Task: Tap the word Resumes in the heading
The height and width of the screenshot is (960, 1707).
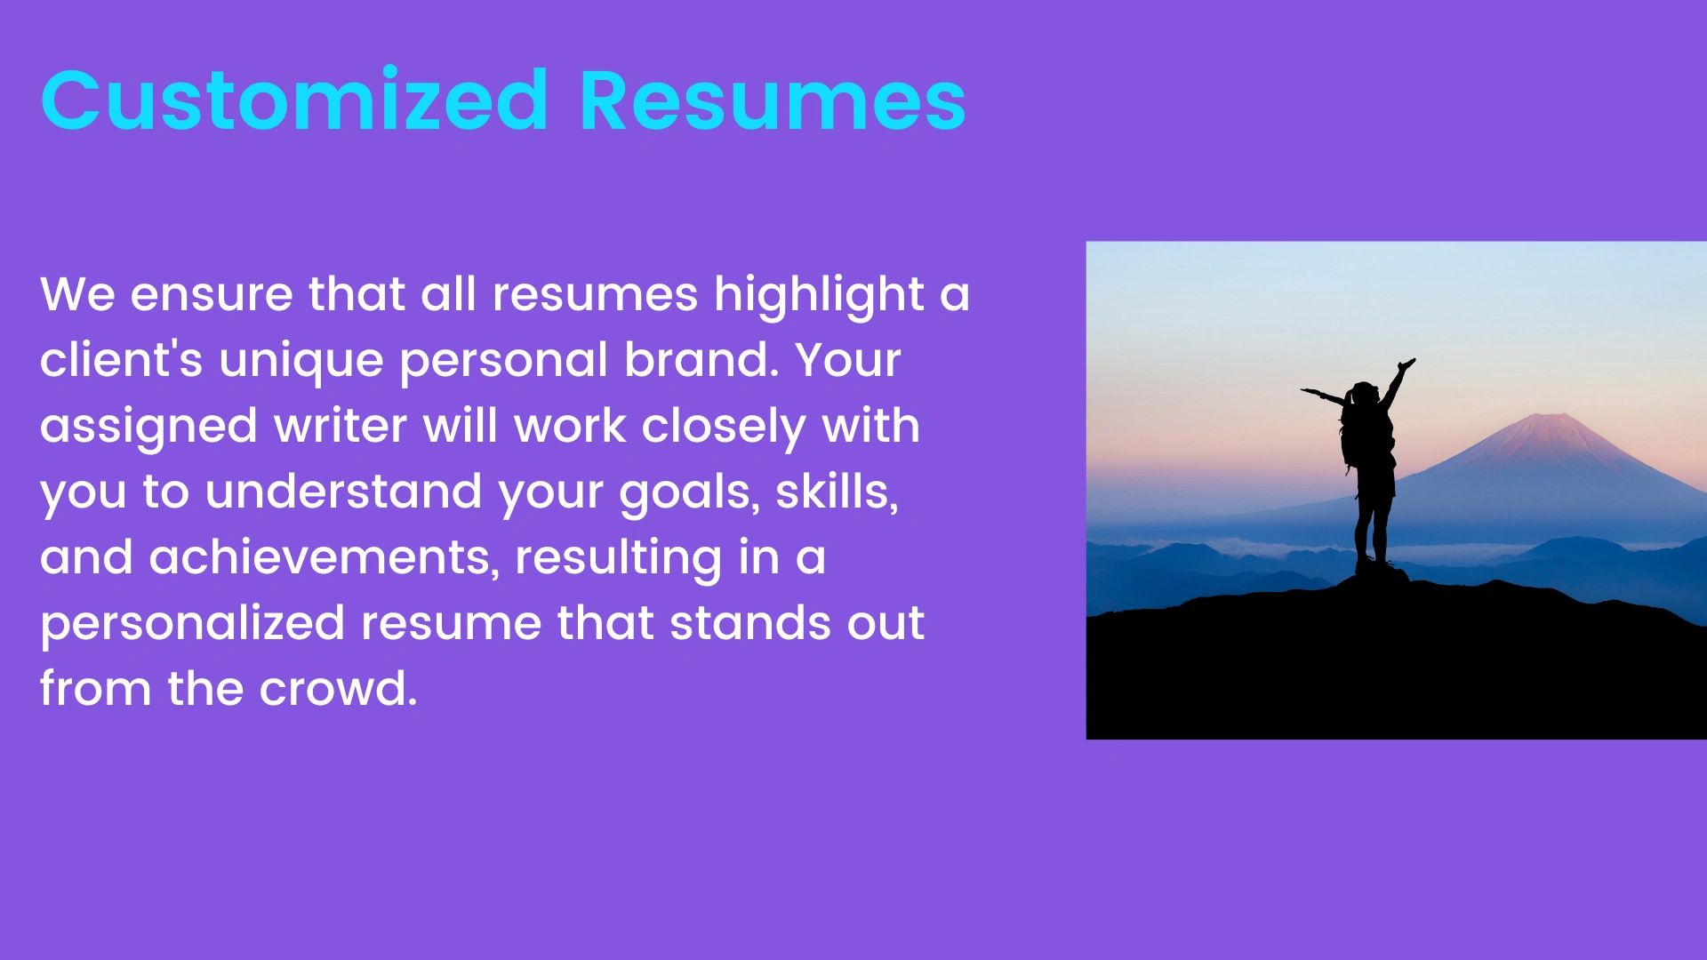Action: click(x=773, y=100)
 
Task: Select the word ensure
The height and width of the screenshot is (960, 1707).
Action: click(x=212, y=295)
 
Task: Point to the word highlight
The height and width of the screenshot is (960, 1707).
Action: click(x=819, y=294)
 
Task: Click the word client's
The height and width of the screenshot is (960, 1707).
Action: click(x=122, y=359)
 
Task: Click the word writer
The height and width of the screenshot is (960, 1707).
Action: click(x=341, y=426)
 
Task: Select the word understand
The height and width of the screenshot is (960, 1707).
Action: click(x=344, y=491)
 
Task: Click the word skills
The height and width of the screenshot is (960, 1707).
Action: click(x=837, y=492)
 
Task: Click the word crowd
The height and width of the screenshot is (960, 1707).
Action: click(x=339, y=688)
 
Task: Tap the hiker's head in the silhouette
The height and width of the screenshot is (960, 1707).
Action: click(x=1366, y=394)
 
